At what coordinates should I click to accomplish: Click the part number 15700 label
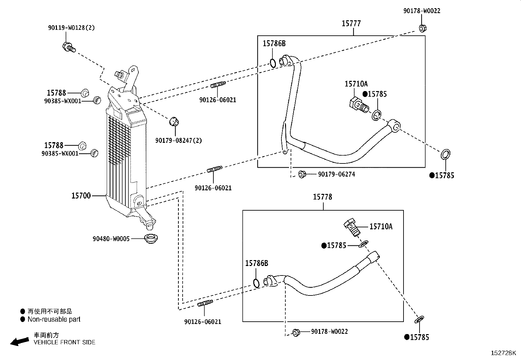coord(81,196)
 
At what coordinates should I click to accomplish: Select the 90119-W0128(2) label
coord(71,28)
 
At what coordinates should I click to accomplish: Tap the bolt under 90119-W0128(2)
coord(69,47)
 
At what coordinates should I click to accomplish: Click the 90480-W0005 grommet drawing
coord(151,239)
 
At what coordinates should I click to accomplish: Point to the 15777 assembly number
coord(351,23)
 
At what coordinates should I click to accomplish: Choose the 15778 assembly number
coord(322,197)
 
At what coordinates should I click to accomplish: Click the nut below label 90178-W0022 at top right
coord(422,28)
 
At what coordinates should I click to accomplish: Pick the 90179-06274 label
coord(336,174)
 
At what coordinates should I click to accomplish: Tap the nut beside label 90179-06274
coord(302,174)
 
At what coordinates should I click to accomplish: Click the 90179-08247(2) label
coord(179,141)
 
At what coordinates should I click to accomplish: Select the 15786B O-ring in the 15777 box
coord(273,63)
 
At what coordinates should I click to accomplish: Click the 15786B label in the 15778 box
coord(257,263)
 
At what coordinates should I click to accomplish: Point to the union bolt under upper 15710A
coord(359,106)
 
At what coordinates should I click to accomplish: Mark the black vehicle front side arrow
coord(20,342)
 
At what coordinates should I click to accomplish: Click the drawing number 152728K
coord(503,353)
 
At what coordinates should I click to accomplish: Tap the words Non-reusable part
coord(54,319)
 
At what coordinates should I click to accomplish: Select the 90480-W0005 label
coord(111,239)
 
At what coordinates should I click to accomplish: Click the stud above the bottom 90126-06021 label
coord(205,303)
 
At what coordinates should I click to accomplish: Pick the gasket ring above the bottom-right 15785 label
coord(419,319)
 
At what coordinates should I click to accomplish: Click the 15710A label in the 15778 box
coord(381,226)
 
